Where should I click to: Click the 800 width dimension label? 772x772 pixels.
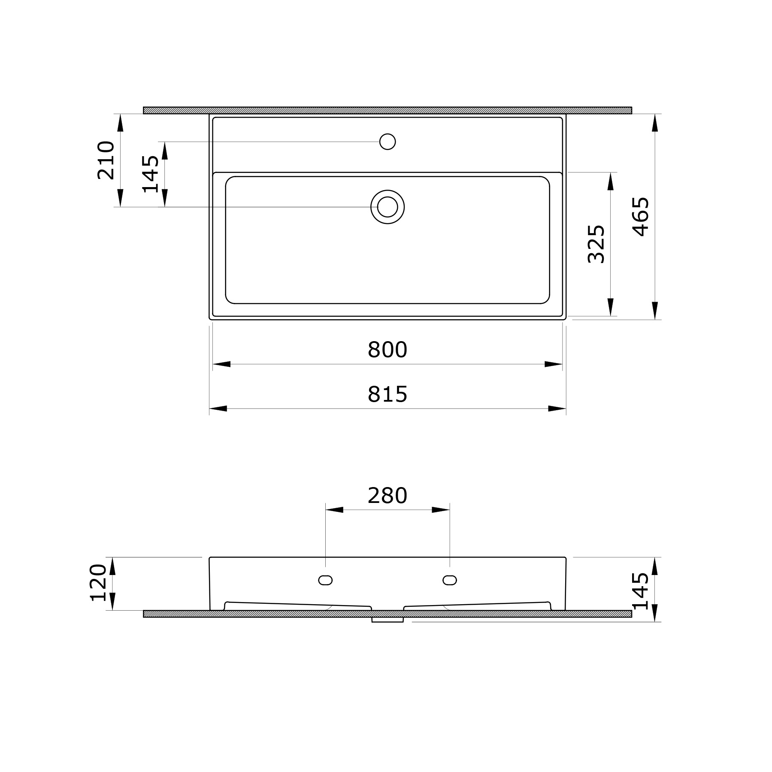tap(387, 350)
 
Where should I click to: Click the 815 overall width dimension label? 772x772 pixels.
tap(387, 394)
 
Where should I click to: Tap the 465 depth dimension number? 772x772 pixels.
tap(641, 217)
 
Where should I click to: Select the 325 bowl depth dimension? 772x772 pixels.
tap(596, 244)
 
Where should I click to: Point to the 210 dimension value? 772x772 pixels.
tap(106, 160)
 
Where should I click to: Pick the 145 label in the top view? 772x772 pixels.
tap(150, 174)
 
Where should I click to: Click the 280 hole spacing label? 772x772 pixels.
tap(387, 496)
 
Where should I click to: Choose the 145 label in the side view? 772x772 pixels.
tap(641, 591)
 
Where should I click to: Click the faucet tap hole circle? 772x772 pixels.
tap(388, 142)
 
